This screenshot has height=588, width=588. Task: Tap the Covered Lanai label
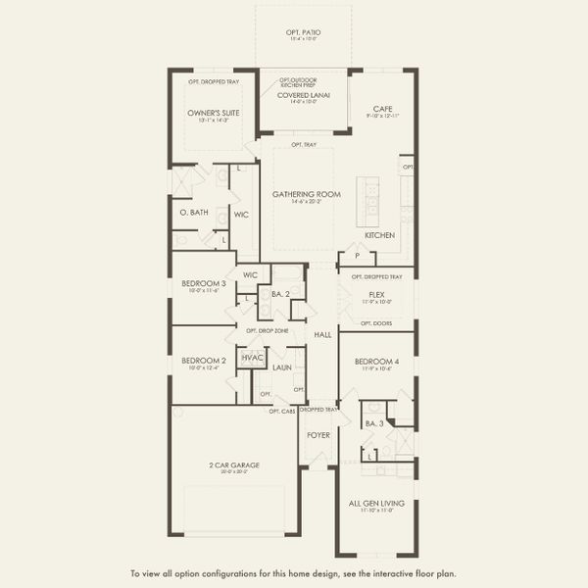coord(304,95)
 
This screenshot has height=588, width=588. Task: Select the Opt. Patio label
coord(304,33)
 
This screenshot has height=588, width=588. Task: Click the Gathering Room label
coord(307,194)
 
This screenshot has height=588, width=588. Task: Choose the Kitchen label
coord(379,236)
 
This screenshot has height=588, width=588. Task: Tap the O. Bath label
coord(193,212)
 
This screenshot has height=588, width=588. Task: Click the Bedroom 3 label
coord(204,283)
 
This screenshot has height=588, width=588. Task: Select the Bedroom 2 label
coord(204,360)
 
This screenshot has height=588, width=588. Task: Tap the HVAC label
coord(253,359)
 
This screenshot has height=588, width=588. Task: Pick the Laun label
coord(282,367)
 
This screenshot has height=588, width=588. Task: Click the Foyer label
coord(318,434)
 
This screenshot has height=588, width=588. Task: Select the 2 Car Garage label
coord(233,465)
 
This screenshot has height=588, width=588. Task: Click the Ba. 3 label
coord(373,423)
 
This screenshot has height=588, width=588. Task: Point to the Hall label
coord(323,335)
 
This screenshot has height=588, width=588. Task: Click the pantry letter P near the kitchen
coord(357,257)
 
